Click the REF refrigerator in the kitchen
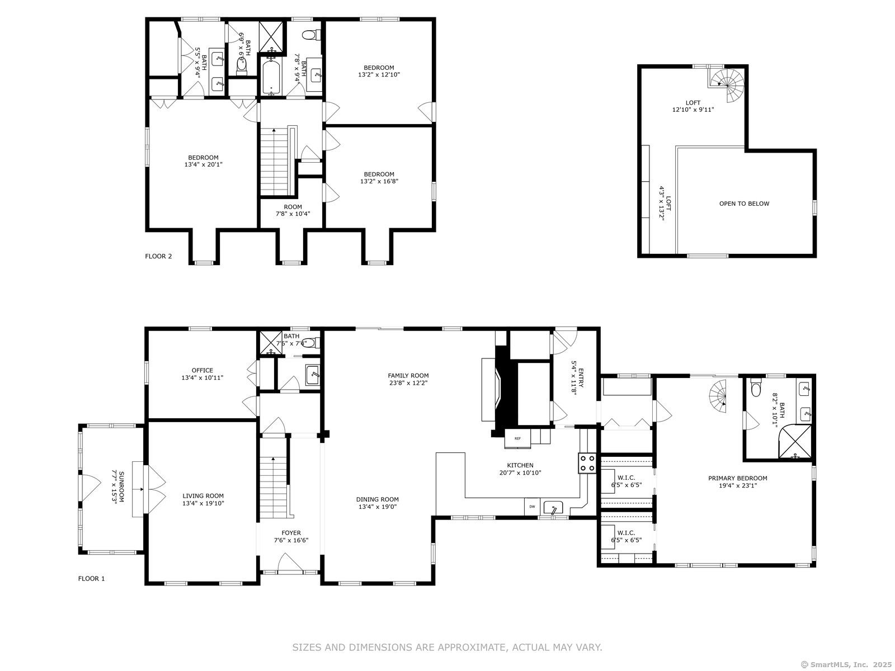pyautogui.click(x=517, y=438)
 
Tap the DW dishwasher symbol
pyautogui.click(x=532, y=507)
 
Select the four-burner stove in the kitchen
pyautogui.click(x=587, y=463)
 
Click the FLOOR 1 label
pyautogui.click(x=91, y=579)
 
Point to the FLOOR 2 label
pyautogui.click(x=158, y=256)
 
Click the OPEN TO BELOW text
pyautogui.click(x=744, y=204)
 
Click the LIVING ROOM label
pyautogui.click(x=203, y=496)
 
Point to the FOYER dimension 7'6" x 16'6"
pyautogui.click(x=291, y=540)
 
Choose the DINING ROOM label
pyautogui.click(x=377, y=499)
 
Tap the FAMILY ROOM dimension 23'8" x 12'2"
pyautogui.click(x=408, y=383)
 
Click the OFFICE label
pyautogui.click(x=202, y=370)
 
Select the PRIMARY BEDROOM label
pyautogui.click(x=738, y=478)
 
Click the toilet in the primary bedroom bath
pyautogui.click(x=756, y=388)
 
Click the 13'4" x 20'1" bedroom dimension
pyautogui.click(x=203, y=164)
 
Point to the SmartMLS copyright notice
pyautogui.click(x=846, y=664)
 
